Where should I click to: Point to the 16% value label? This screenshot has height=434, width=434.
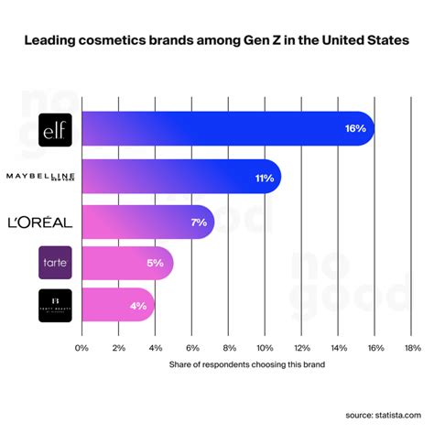point(355,129)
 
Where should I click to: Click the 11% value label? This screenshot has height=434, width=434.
point(264,178)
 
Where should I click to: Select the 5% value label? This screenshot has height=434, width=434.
point(154,263)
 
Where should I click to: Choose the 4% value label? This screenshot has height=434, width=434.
point(137,305)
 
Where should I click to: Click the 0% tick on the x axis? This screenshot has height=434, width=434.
point(81,348)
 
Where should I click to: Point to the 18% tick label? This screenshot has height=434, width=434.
point(412,348)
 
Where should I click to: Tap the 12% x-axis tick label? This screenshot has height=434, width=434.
point(301,348)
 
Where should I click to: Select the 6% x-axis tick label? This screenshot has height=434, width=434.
point(191,348)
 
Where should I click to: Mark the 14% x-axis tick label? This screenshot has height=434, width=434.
point(339,348)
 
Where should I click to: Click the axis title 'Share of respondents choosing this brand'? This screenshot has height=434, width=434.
point(246,364)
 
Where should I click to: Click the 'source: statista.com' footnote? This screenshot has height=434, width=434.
point(378,414)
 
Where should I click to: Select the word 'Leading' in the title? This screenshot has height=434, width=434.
point(50,41)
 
